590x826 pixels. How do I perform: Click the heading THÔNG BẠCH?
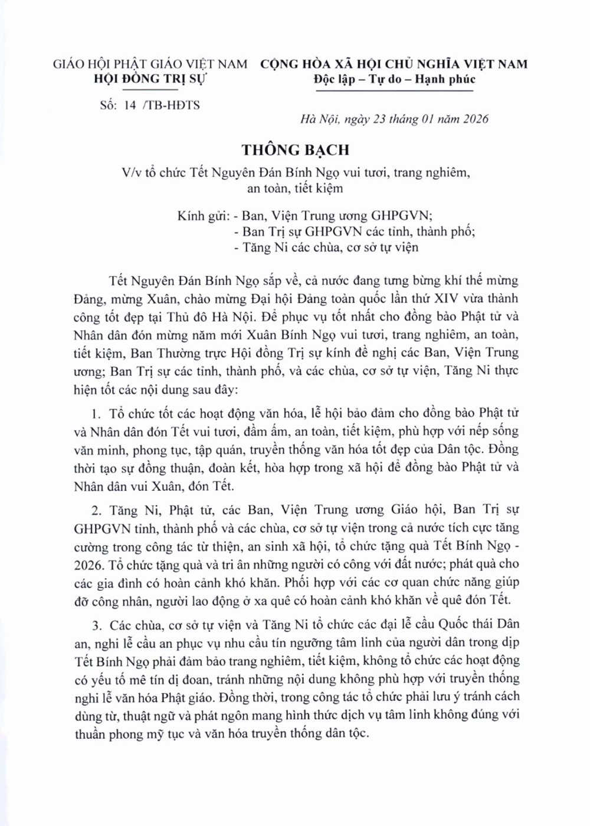(x=296, y=150)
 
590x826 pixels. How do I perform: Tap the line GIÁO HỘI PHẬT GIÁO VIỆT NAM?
(x=150, y=64)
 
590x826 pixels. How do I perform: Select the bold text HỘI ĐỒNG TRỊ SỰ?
(x=150, y=78)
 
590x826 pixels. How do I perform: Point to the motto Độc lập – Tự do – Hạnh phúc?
(x=394, y=79)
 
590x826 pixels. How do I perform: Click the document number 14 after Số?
(x=130, y=105)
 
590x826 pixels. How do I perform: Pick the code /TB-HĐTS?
(x=171, y=105)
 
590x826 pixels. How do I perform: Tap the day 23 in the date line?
(x=379, y=119)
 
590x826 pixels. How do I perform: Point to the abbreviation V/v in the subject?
(x=132, y=172)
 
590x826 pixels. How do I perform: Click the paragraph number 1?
(x=96, y=414)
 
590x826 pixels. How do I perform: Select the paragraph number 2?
(x=96, y=510)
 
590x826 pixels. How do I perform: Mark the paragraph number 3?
(x=96, y=624)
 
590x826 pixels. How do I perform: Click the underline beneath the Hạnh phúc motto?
(x=394, y=90)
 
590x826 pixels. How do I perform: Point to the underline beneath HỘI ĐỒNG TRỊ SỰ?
(x=150, y=88)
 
